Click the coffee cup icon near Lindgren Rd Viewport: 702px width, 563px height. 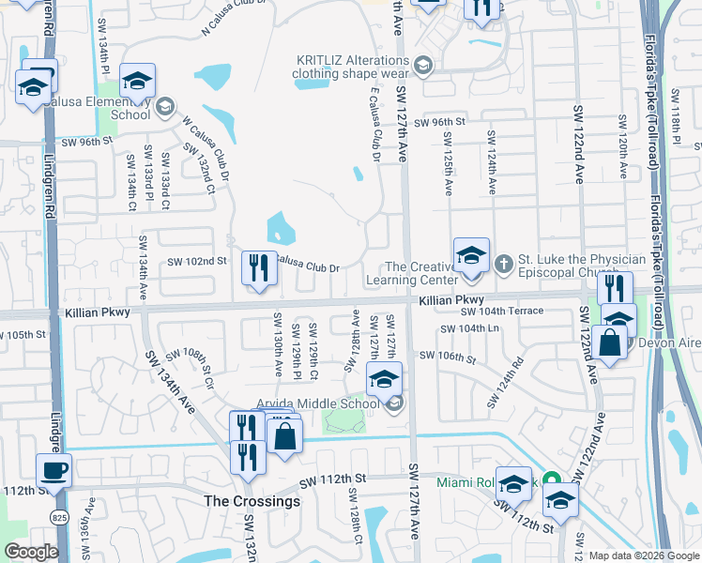53,470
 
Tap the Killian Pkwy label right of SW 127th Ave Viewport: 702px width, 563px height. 450,300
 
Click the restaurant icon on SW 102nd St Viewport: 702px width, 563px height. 257,269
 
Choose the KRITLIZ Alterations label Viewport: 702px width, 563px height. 353,65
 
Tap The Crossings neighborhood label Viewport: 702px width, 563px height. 252,501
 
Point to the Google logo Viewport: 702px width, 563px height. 31,552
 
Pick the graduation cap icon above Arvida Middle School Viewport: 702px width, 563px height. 384,380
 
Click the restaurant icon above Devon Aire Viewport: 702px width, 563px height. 615,288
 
